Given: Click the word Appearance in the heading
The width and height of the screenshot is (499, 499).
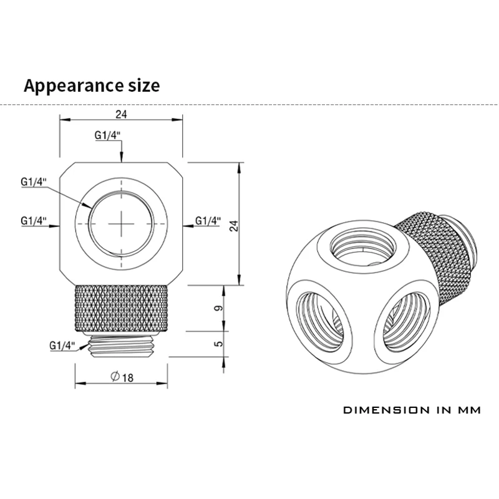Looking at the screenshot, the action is (74, 86).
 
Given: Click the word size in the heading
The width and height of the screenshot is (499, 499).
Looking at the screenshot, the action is (144, 85).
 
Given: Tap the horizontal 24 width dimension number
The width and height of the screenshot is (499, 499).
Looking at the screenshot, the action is (121, 114).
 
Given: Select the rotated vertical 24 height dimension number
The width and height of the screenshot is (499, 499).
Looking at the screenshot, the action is (235, 226).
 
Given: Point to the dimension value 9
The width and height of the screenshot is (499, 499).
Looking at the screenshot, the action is (219, 308).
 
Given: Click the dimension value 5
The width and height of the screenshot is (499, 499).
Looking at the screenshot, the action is (219, 344).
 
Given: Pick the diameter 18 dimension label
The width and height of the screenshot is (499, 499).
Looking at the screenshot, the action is (122, 377).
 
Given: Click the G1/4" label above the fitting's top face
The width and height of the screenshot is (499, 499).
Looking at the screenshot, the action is (107, 135).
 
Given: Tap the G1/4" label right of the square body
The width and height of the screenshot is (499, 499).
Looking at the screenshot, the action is (208, 221).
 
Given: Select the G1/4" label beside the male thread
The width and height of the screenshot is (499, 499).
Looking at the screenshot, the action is (62, 346).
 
